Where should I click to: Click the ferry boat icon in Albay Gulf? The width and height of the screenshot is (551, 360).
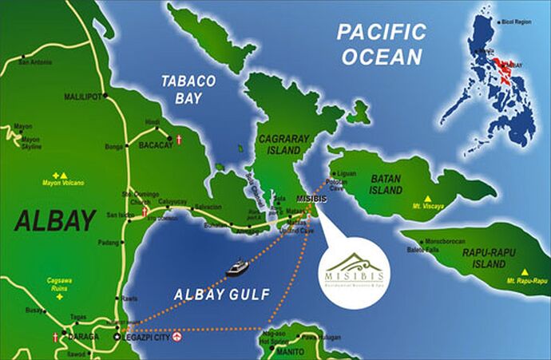[x=237, y=267]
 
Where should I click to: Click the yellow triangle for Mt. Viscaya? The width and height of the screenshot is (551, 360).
[x=428, y=199]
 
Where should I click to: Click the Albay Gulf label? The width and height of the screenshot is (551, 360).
[x=217, y=295]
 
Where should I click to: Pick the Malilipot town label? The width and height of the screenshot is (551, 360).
[x=85, y=97]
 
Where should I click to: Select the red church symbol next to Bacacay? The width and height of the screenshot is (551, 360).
[x=180, y=140]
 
